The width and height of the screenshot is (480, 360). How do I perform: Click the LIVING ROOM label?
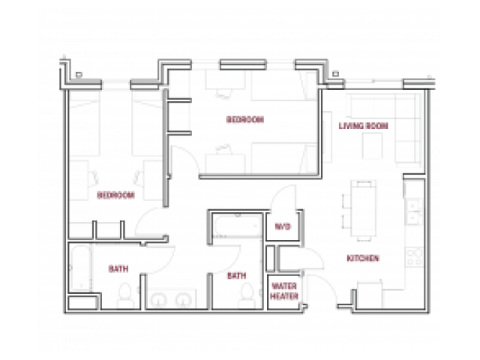363,126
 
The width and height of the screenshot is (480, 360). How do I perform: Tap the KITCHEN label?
363,258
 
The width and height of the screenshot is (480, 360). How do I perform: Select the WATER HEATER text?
284,291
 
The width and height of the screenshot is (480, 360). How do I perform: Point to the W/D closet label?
282,226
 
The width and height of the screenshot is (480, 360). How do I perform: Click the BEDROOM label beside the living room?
245,119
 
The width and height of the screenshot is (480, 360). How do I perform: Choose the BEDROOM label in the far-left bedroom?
115,195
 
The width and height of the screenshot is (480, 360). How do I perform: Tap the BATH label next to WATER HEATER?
237,276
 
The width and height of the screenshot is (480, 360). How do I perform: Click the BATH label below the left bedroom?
118,269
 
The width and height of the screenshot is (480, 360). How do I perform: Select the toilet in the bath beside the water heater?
247,295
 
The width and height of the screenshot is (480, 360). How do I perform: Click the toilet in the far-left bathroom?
125,295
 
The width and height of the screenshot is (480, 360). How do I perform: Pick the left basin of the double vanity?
158,299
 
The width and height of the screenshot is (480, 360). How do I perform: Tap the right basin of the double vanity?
183,299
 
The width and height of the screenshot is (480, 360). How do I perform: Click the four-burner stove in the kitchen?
415,257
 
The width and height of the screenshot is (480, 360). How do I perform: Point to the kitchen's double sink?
414,211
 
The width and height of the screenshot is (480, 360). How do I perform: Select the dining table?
363,211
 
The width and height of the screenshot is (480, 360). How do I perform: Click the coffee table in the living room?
372,146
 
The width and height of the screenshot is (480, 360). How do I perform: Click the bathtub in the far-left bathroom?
81,268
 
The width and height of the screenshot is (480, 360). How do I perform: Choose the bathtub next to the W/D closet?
237,226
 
